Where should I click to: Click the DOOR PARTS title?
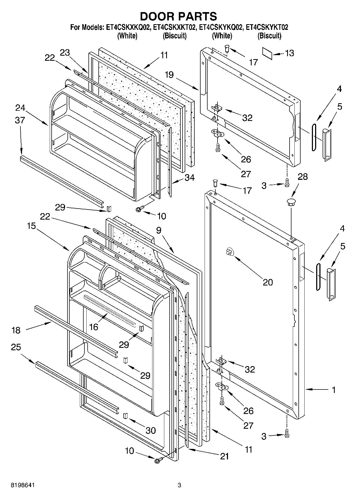[x=179, y=17]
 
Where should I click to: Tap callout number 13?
[x=289, y=53]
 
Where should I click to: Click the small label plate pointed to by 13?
[x=268, y=53]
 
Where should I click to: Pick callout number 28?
[x=303, y=177]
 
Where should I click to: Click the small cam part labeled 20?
[x=229, y=252]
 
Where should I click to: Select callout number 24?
[x=20, y=108]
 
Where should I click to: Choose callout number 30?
[x=151, y=430]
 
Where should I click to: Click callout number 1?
[x=334, y=389]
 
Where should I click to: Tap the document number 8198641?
[x=23, y=485]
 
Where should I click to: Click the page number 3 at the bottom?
[x=179, y=485]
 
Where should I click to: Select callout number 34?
[x=190, y=177]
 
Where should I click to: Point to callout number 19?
[x=169, y=75]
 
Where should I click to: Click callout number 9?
[x=159, y=230]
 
